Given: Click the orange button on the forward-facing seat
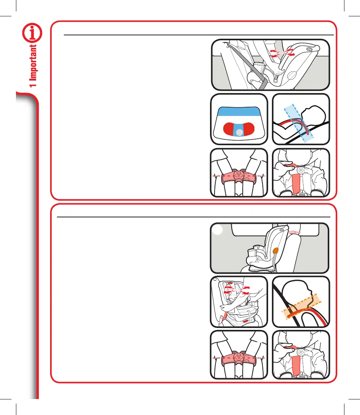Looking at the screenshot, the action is click(275, 250).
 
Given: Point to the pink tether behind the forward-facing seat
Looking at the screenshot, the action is click(294, 231).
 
